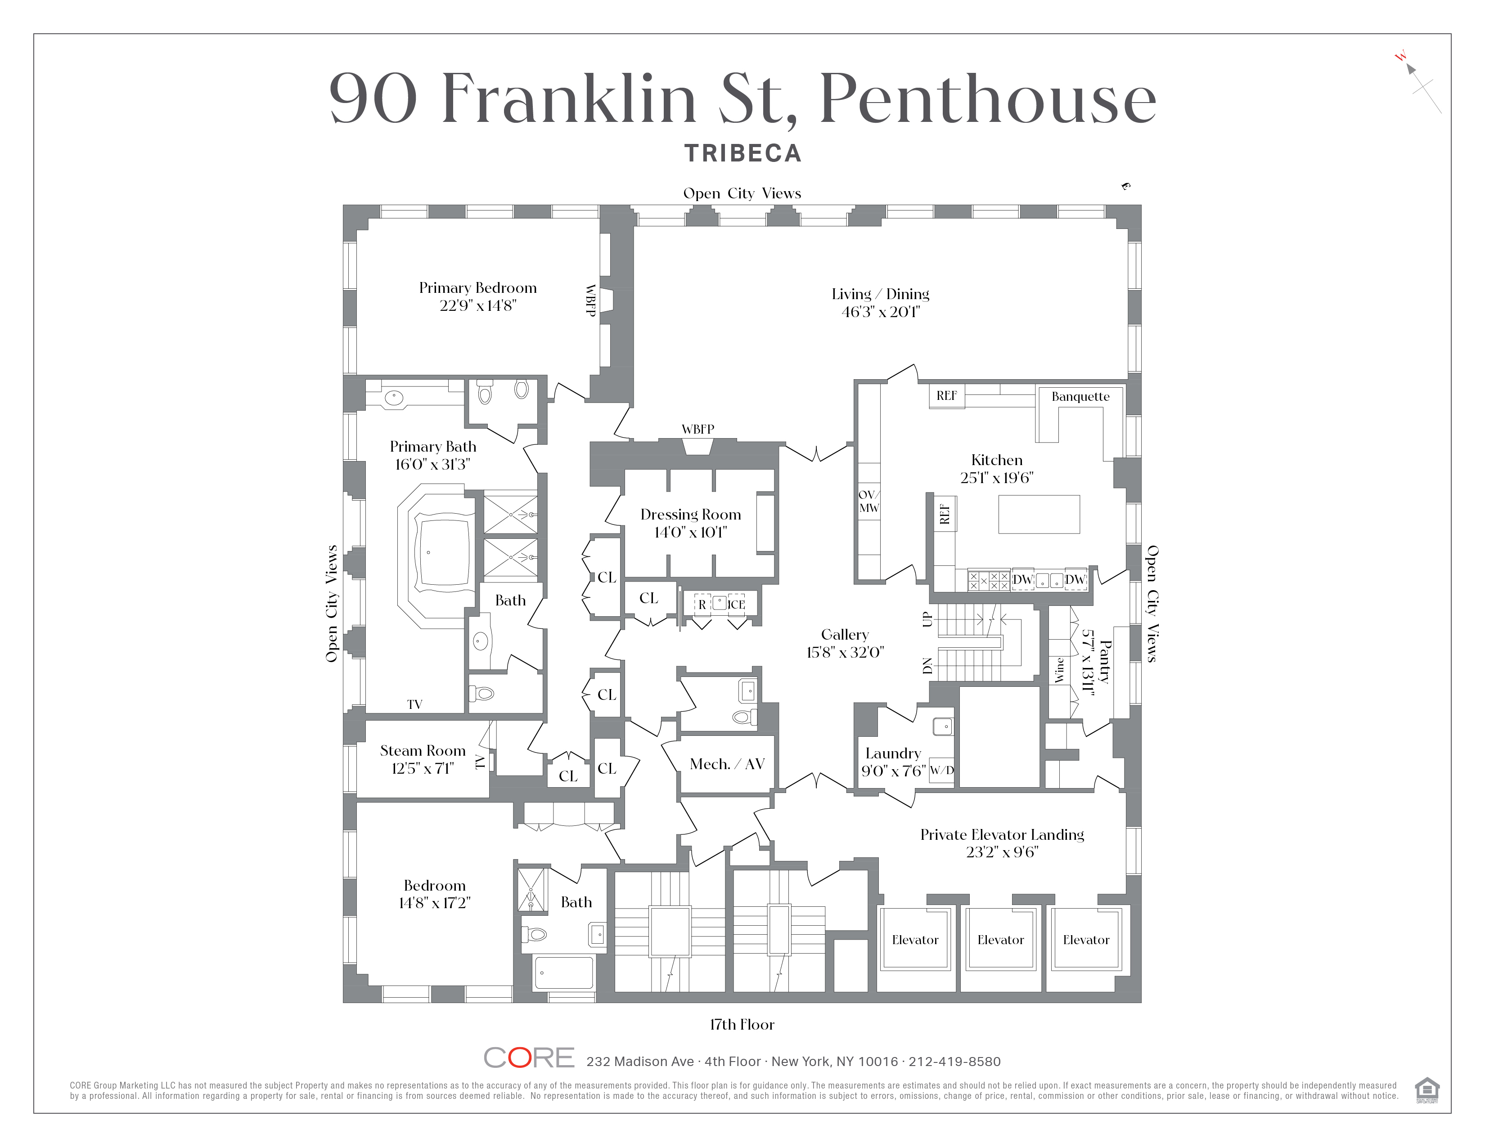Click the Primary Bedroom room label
477,288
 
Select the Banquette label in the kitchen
1080,397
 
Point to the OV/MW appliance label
868,502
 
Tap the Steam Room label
422,751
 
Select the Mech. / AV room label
727,764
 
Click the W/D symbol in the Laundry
941,771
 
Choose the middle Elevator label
1000,940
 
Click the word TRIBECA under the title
742,153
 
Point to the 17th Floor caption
742,1025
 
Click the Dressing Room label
690,515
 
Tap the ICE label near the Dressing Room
736,605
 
